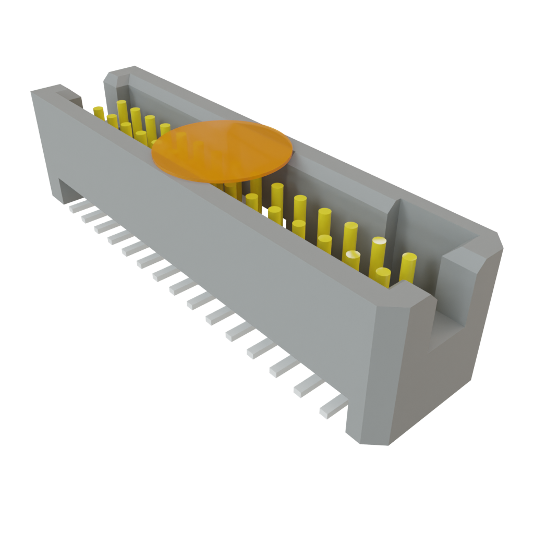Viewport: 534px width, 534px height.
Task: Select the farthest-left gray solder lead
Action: click(x=77, y=207)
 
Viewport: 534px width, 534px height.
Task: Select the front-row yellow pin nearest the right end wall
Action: click(x=383, y=276)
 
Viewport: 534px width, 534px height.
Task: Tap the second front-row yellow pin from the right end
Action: click(x=353, y=259)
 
